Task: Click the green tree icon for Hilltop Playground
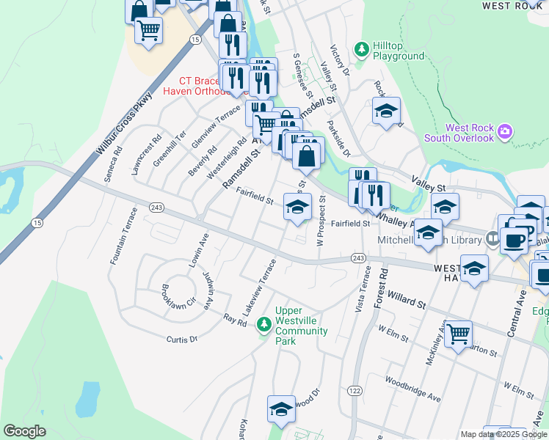click(x=361, y=50)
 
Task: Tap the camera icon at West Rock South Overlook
click(x=504, y=132)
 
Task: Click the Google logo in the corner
click(x=24, y=430)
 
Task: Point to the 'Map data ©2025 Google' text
click(x=503, y=434)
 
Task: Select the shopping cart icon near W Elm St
click(x=459, y=334)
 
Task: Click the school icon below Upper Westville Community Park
click(x=280, y=411)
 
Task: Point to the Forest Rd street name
click(x=381, y=287)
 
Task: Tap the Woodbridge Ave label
click(x=412, y=388)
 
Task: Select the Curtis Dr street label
click(x=183, y=339)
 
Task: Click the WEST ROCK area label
click(x=512, y=6)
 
